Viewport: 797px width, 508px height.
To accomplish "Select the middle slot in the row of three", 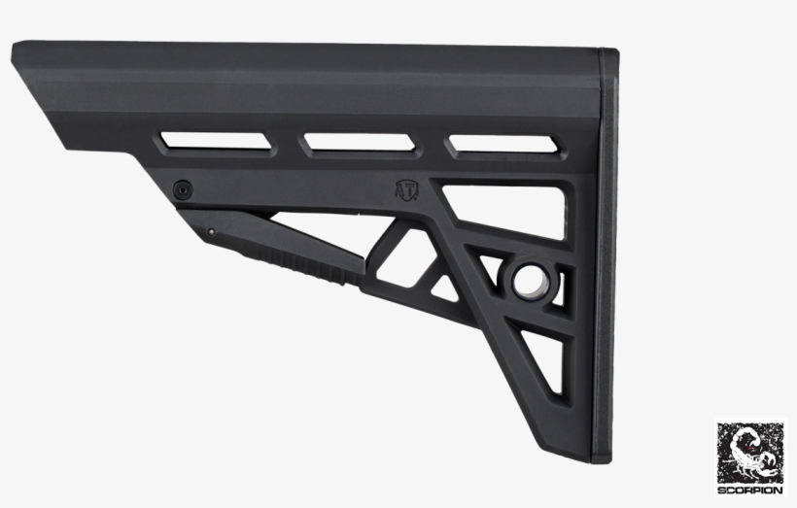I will point(362,144).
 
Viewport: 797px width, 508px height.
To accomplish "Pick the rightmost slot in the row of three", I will point(503,145).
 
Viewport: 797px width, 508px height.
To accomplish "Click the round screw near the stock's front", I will point(182,188).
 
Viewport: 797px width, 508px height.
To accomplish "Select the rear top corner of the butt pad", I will point(612,51).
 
